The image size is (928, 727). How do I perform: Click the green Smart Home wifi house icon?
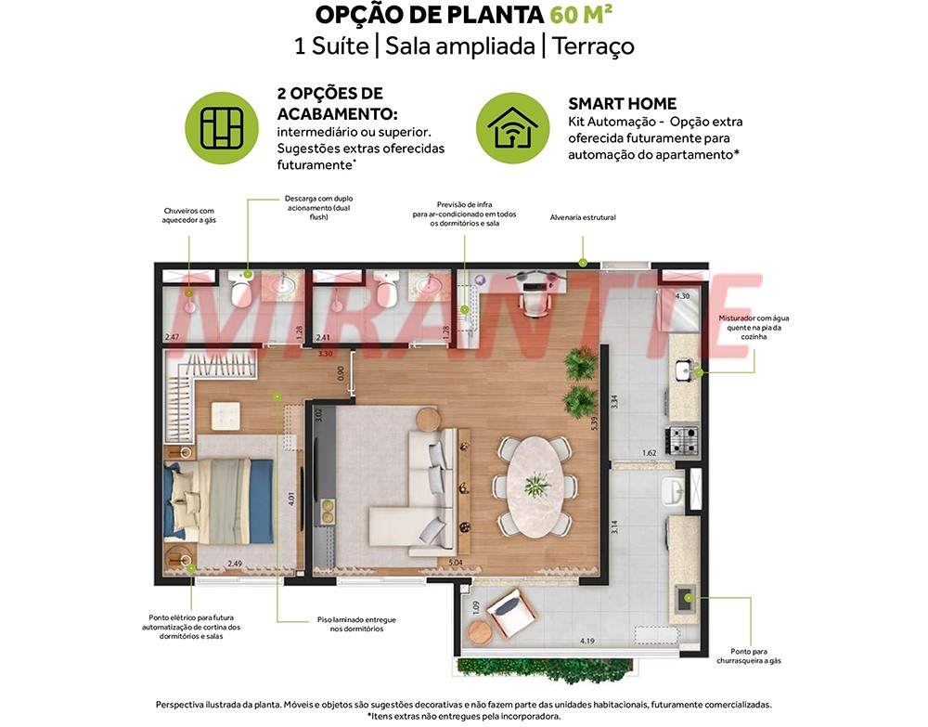click(512, 128)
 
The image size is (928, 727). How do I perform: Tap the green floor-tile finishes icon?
click(222, 128)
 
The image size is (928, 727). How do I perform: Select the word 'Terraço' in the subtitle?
click(593, 46)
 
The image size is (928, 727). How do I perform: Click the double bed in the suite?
click(219, 500)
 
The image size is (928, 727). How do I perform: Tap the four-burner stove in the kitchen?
click(683, 440)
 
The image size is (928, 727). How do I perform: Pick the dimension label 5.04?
click(455, 563)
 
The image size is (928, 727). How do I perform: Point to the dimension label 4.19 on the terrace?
click(587, 641)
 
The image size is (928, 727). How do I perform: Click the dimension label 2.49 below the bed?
click(235, 563)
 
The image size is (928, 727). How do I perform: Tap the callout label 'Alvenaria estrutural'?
click(583, 217)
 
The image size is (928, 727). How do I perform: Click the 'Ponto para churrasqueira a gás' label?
click(749, 656)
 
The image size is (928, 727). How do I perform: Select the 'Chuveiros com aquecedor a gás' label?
click(189, 215)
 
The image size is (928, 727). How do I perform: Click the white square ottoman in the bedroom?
click(226, 416)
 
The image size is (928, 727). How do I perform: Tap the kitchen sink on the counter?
click(684, 370)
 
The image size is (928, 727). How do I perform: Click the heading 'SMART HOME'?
click(622, 104)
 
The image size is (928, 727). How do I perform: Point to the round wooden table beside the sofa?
click(429, 419)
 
